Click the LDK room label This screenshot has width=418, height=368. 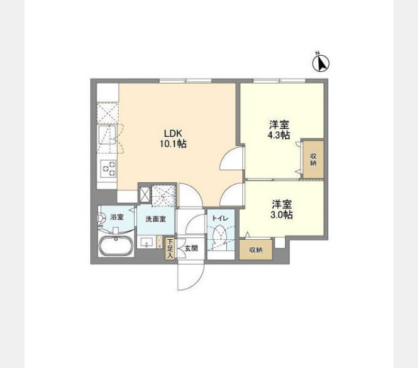point(173,133)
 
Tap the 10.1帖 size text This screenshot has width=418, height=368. point(173,144)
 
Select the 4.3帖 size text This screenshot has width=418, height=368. point(279,135)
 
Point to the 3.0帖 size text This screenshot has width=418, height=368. point(282,215)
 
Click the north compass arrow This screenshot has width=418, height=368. point(321,64)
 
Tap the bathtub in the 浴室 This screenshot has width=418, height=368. point(116,246)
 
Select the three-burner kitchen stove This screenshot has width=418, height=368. point(109,169)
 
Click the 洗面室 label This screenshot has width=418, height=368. point(156,219)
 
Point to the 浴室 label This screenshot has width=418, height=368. point(117,217)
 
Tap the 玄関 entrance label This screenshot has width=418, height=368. point(191,248)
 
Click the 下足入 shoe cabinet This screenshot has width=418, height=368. point(170,248)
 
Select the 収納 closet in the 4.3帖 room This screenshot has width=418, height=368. point(313,159)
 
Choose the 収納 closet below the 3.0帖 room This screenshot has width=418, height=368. point(256,250)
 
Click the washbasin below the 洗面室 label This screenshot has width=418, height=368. point(146,242)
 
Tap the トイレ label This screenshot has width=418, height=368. point(220,218)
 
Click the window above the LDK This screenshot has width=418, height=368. point(186,80)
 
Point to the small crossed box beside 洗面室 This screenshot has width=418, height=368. point(145,194)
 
